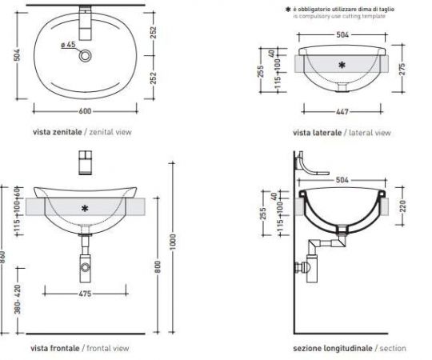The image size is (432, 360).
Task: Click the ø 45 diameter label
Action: pos(68,44)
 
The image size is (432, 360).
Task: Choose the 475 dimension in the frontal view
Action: pos(85,294)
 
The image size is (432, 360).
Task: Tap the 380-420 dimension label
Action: pos(9,298)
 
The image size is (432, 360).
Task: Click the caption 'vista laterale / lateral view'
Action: pos(342,133)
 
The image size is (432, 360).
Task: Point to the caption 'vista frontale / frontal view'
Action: pos(78,348)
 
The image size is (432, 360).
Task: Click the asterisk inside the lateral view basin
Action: pos(342,64)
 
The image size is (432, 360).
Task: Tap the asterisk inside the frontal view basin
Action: pos(85,208)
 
